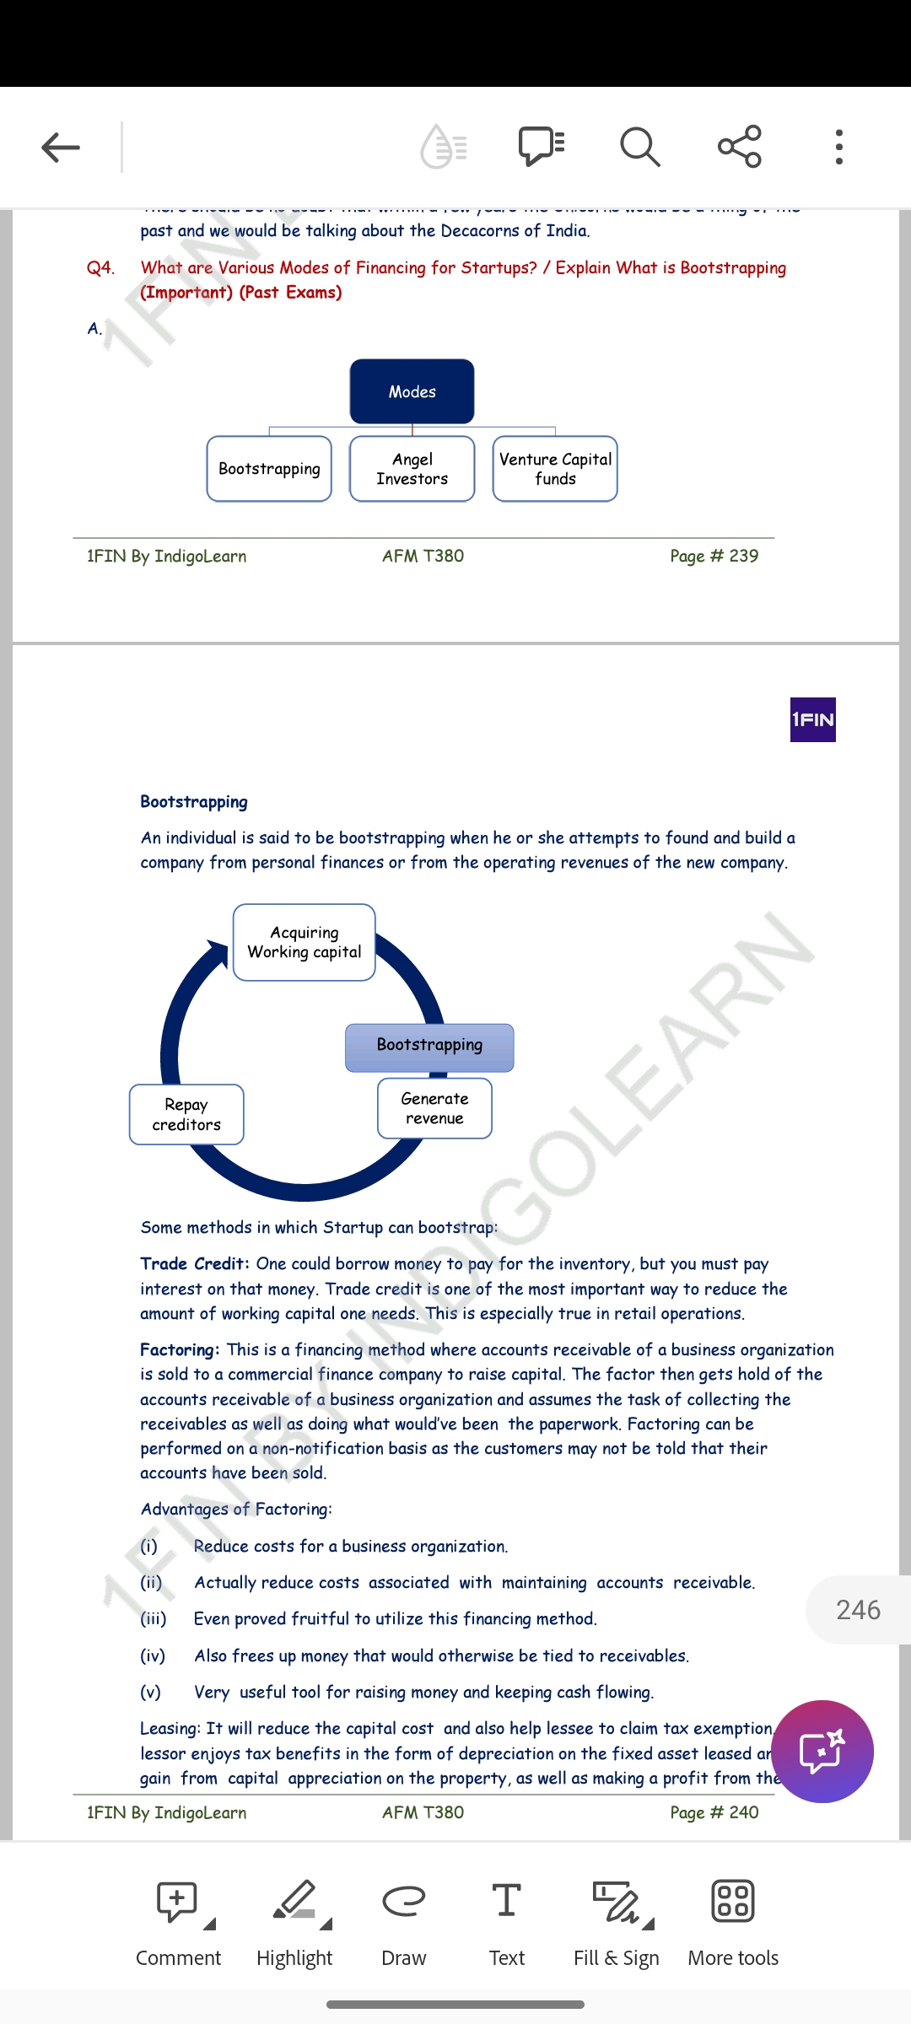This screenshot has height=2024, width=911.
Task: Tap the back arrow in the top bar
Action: (x=61, y=148)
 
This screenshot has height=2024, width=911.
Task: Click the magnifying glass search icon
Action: (x=639, y=148)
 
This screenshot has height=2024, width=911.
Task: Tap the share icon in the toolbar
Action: (x=740, y=147)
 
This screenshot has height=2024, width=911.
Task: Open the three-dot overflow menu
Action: (x=838, y=148)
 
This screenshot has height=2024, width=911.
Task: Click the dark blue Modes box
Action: (x=412, y=391)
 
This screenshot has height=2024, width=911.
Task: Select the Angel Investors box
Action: (x=412, y=469)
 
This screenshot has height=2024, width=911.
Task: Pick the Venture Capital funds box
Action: (x=555, y=469)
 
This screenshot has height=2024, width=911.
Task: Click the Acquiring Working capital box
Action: (x=304, y=942)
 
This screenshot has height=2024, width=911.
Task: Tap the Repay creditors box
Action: (x=186, y=1114)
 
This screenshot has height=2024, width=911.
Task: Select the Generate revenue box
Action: (x=434, y=1108)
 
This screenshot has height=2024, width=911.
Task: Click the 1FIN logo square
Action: (x=812, y=719)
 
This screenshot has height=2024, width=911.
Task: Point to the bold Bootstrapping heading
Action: (x=194, y=802)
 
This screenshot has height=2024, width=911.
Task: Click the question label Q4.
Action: (x=100, y=268)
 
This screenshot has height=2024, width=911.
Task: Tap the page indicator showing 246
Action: (x=858, y=1610)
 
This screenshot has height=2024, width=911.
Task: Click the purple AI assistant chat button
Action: (x=822, y=1752)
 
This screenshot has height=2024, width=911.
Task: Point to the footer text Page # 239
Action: (x=714, y=557)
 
